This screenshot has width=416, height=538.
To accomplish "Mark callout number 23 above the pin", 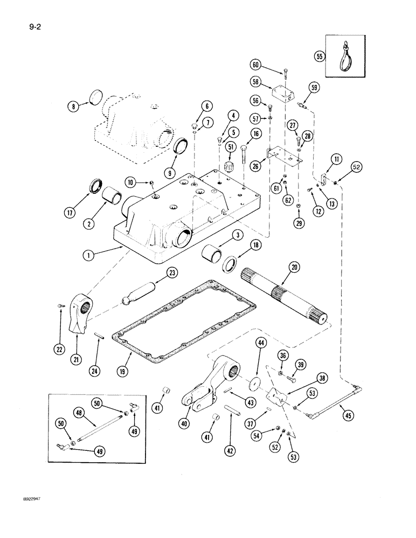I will click(156, 273).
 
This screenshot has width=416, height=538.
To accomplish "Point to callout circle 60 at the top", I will click(255, 65).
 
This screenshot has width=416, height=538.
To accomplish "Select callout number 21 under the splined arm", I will click(75, 355).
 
